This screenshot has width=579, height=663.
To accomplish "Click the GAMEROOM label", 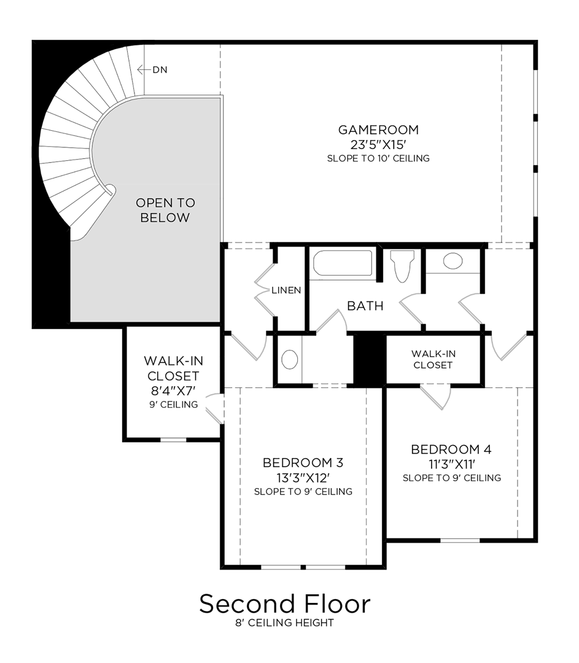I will [378, 130].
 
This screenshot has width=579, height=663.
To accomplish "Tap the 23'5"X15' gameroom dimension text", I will [378, 144].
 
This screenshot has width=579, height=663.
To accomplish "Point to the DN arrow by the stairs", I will [152, 70].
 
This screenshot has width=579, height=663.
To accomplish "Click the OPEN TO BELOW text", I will [165, 210].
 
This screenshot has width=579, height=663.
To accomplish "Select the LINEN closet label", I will [286, 290].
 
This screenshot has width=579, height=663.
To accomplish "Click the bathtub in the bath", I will [343, 263].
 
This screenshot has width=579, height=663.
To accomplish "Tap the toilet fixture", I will [402, 266].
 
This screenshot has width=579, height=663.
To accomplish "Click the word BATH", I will [365, 306].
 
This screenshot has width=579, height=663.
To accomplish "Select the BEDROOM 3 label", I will [303, 462].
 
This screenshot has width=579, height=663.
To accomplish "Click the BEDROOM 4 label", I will [451, 449].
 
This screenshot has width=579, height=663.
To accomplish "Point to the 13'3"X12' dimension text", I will [303, 477].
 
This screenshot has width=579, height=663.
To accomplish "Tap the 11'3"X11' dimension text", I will [451, 463].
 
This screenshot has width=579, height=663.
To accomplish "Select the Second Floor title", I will [285, 604].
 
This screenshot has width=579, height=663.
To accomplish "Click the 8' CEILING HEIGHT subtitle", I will [285, 623].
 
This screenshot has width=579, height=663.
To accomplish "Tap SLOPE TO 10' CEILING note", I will [378, 158].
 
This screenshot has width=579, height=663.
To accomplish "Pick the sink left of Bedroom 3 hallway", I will [290, 359].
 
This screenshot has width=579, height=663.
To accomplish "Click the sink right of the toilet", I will [453, 261].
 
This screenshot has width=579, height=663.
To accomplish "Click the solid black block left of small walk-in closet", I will [370, 359].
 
